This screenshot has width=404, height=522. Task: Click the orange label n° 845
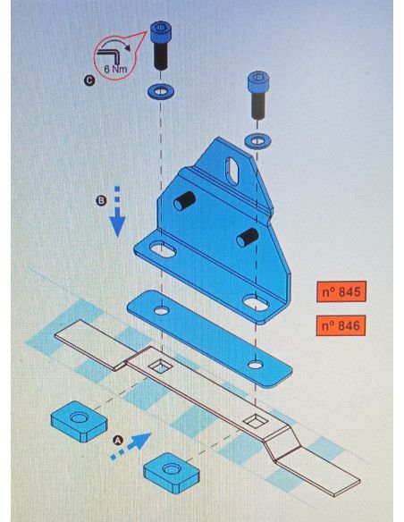(341, 291)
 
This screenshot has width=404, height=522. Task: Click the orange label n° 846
(341, 325)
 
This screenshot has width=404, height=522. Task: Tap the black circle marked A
(118, 441)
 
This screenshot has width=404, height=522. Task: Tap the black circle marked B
(102, 200)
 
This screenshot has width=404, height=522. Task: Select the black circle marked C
(88, 80)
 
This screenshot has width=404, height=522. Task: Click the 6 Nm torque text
(115, 69)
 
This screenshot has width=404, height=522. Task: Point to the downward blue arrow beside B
(117, 212)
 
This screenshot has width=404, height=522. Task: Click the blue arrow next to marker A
(130, 446)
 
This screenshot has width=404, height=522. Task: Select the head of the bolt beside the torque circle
(161, 31)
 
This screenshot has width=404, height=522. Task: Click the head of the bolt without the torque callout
(258, 82)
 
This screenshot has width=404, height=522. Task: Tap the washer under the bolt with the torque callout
(161, 91)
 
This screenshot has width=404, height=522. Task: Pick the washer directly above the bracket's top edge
(257, 141)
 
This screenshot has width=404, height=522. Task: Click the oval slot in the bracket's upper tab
(233, 171)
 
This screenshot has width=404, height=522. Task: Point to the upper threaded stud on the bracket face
(184, 201)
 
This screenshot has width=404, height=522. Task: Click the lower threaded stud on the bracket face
(248, 237)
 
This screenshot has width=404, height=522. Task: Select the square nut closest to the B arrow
(79, 421)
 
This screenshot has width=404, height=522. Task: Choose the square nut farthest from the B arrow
(172, 473)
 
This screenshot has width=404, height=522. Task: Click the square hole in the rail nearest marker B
(161, 366)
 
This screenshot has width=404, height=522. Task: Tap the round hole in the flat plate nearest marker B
(162, 311)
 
